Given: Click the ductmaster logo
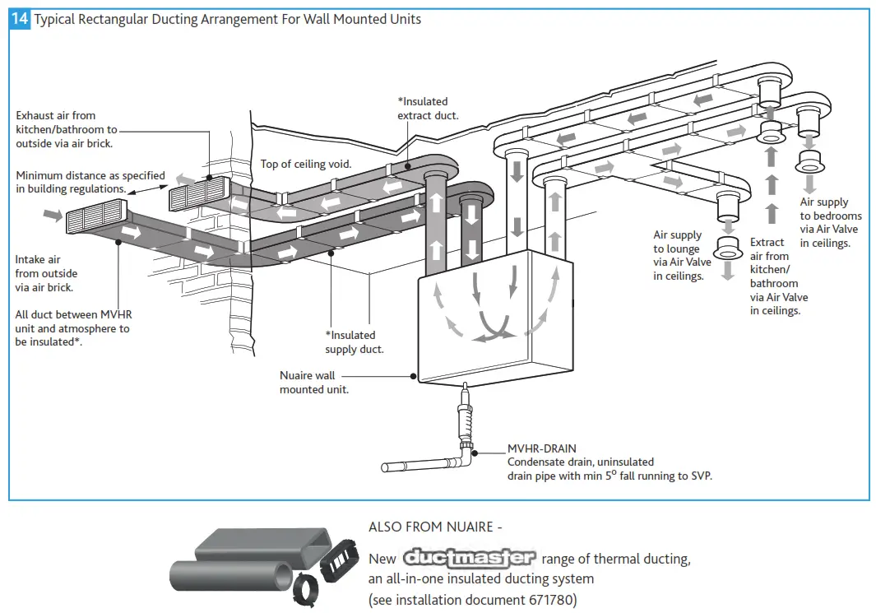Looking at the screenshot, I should tap(469, 558).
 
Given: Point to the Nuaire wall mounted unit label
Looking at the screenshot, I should tap(313, 382).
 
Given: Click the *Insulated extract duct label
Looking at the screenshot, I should tap(429, 108).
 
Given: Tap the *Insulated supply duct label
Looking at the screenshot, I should tap(355, 341).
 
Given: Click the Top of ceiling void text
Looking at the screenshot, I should tap(306, 164).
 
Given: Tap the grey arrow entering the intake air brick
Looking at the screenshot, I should tap(52, 215).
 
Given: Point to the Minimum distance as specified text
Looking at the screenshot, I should tap(90, 175).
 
